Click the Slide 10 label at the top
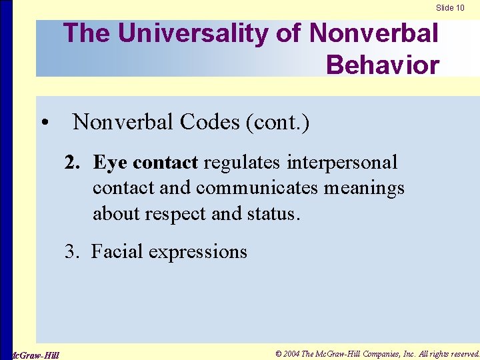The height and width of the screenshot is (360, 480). [450, 8]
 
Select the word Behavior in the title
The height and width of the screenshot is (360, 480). [383, 65]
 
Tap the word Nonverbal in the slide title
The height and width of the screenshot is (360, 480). [374, 33]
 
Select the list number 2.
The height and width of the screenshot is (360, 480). [71, 163]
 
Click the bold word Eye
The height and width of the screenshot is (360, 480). [110, 163]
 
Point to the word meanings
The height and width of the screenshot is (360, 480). [364, 188]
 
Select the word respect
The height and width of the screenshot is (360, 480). [183, 213]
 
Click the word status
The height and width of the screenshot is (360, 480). [275, 213]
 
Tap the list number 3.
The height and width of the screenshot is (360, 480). [71, 252]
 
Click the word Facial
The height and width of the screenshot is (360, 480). [117, 252]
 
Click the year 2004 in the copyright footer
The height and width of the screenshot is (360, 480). [291, 353]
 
